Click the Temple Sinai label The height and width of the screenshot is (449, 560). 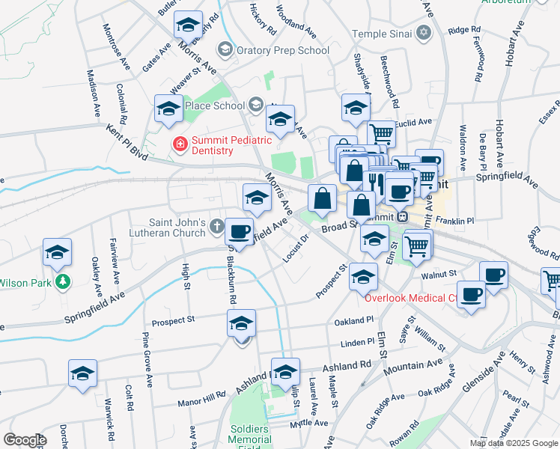click(382, 34)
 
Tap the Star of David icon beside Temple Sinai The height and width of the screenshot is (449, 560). click(424, 34)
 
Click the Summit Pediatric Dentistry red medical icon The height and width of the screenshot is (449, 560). click(180, 143)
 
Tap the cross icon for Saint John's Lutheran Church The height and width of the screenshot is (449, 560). click(216, 224)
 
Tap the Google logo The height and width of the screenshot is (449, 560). click(25, 440)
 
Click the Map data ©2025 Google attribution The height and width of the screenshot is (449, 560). click(514, 443)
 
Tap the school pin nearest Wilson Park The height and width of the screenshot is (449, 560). click(57, 252)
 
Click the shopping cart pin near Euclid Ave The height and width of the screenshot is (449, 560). click(382, 134)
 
